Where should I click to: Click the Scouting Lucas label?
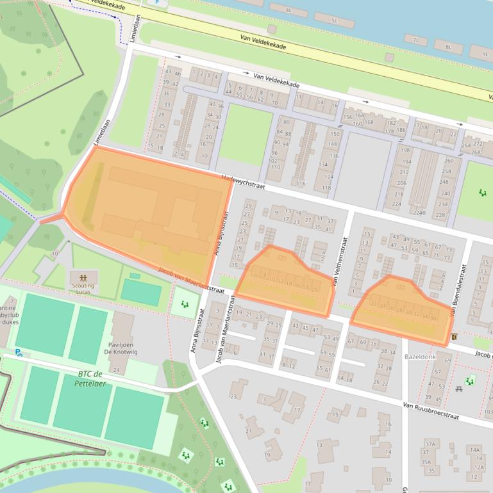(84, 289)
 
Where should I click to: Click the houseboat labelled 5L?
(333, 20)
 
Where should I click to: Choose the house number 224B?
(419, 213)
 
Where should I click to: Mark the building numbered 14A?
(475, 450)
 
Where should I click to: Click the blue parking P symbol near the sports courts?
(19, 352)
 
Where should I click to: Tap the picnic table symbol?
(459, 389)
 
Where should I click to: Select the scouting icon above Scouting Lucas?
(84, 279)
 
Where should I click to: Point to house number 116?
(301, 184)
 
